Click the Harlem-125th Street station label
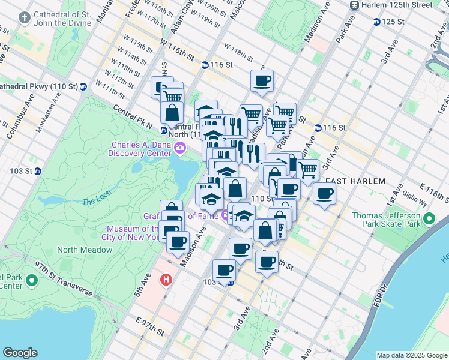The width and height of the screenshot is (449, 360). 397,5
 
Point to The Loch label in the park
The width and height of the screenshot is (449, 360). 93,202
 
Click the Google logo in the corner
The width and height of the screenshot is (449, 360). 20,353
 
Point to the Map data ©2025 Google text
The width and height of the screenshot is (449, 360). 412,355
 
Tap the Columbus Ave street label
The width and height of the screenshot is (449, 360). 18,123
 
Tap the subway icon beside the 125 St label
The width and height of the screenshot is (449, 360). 376,22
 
